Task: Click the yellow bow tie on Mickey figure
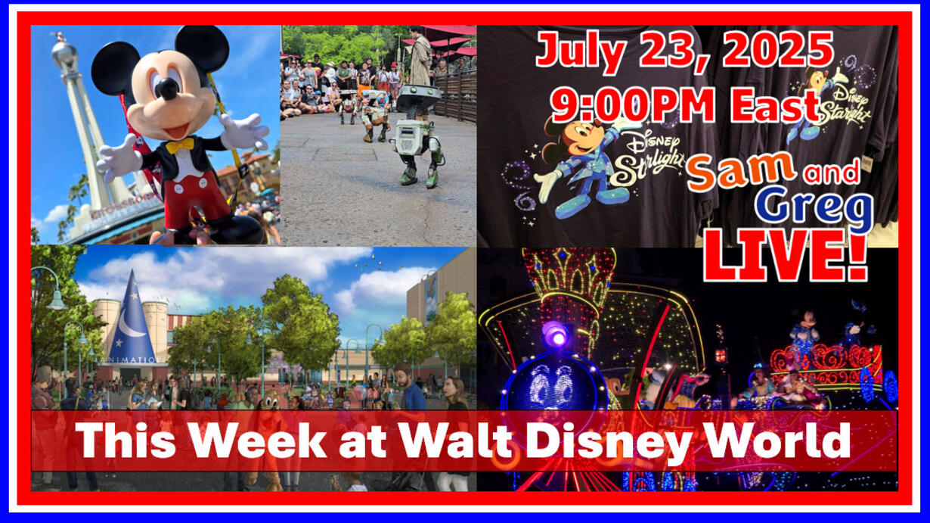180,145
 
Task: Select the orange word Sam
741,170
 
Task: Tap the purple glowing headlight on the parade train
556,336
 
